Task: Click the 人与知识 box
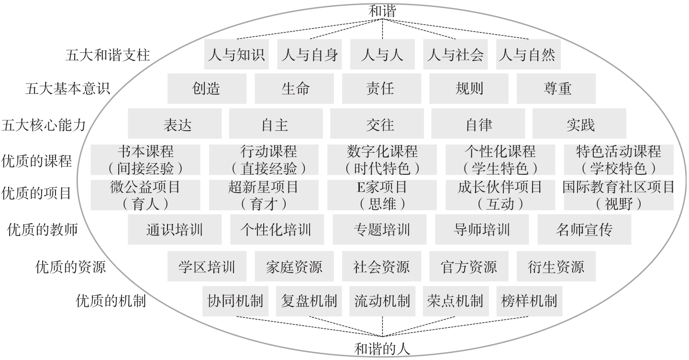tap(236, 55)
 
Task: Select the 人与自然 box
tap(528, 55)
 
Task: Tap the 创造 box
tap(207, 89)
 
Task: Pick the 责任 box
tap(381, 89)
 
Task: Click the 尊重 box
tap(556, 89)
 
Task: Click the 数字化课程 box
tap(382, 160)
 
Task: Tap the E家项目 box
tap(382, 195)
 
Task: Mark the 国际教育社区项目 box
tap(618, 195)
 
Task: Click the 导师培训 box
tap(481, 230)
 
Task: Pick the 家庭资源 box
tap(294, 266)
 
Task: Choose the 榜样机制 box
tap(528, 301)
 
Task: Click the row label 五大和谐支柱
tap(108, 55)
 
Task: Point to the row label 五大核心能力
tap(44, 125)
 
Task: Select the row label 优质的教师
tap(43, 230)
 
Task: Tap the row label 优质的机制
tap(111, 301)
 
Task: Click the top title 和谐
tap(383, 11)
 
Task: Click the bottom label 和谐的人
tap(382, 349)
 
